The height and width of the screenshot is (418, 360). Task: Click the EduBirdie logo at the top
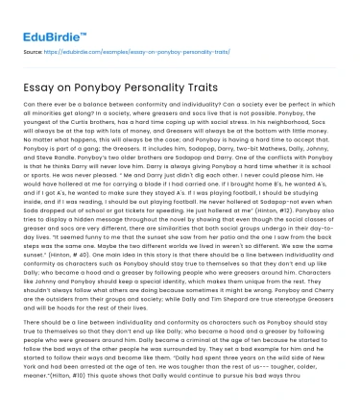45,20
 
